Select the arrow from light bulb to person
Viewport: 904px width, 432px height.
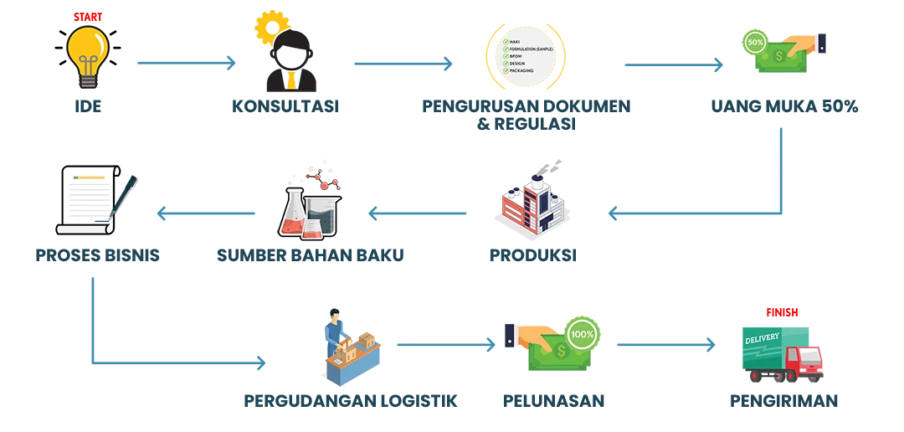(x=185, y=63)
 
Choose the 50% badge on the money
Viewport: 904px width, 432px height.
(x=753, y=41)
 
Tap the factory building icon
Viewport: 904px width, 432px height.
(x=534, y=205)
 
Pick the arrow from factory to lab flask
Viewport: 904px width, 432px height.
(x=419, y=214)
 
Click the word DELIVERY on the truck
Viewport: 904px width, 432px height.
(x=762, y=337)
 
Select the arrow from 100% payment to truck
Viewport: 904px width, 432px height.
(x=666, y=344)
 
